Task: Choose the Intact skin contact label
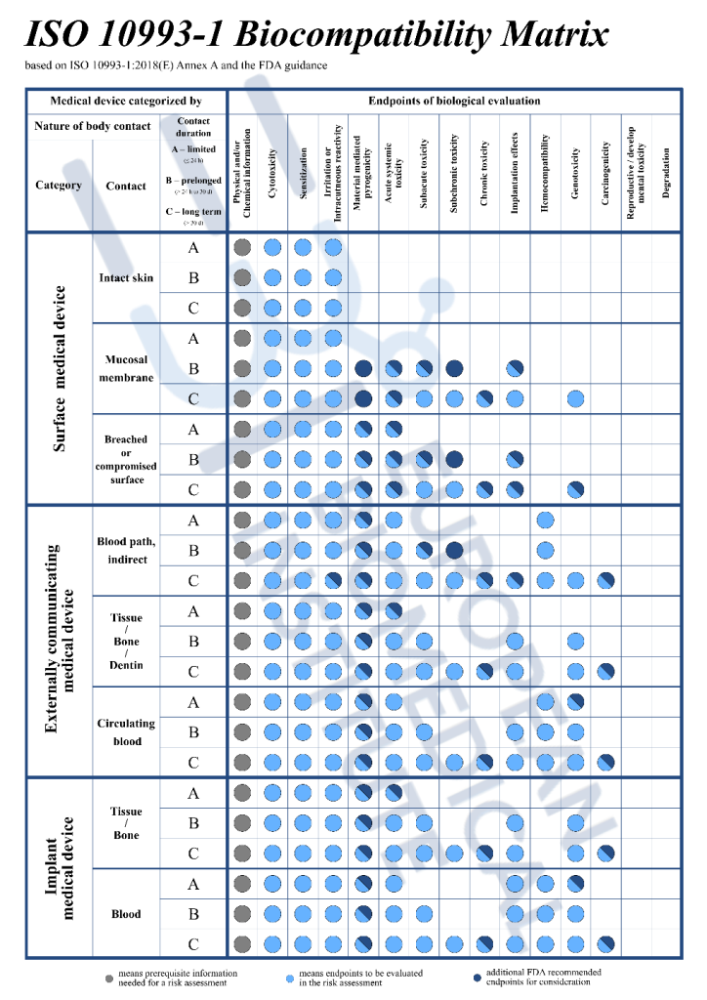pos(126,278)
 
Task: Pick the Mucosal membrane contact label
pos(126,369)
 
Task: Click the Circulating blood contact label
pos(126,732)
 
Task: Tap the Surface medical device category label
pos(60,369)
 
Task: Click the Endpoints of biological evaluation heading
pos(454,101)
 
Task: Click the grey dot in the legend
pos(109,977)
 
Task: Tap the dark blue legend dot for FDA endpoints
pos(477,977)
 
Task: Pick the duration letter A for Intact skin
pos(193,248)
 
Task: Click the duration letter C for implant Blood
pos(193,944)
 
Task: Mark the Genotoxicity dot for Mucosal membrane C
pos(576,399)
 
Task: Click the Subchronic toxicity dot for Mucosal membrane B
pos(455,369)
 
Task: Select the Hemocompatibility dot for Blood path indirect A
pos(545,521)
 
